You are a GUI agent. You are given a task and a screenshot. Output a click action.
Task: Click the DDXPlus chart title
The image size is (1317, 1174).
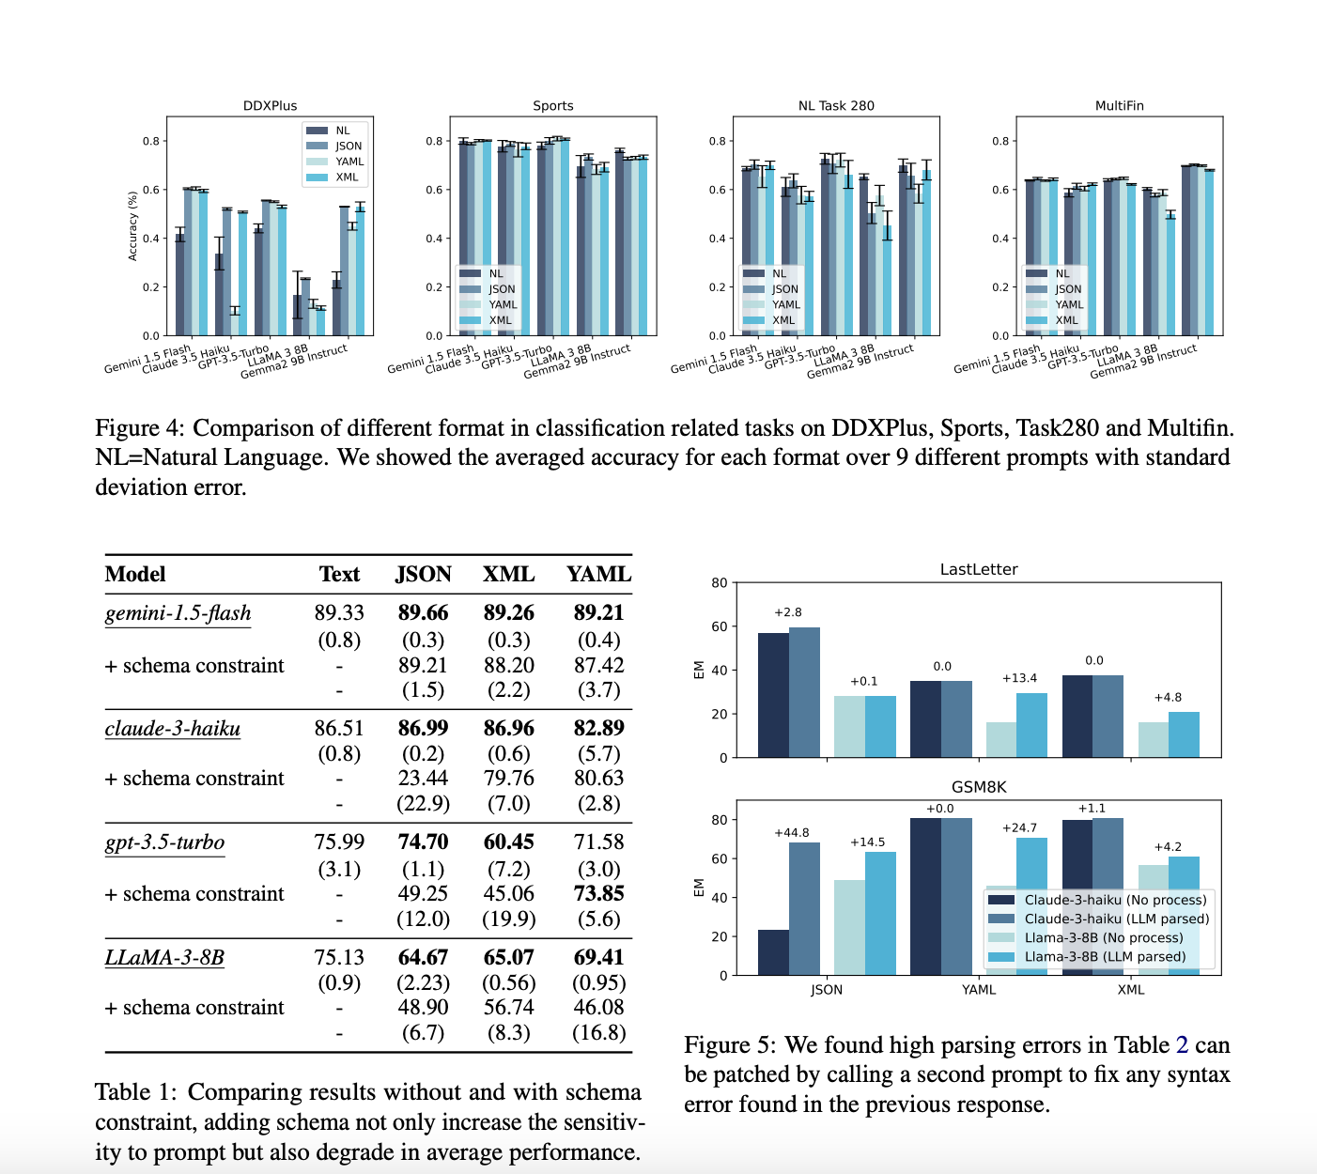click(x=270, y=106)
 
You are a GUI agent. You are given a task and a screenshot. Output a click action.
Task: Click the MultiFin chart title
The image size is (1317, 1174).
click(x=1119, y=106)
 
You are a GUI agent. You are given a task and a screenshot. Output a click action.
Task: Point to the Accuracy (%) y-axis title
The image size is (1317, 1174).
click(x=132, y=226)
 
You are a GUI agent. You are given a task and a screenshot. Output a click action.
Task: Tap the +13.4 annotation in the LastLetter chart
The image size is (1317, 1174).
click(x=1019, y=678)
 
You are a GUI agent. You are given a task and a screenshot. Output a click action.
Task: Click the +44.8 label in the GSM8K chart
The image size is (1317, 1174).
click(x=791, y=833)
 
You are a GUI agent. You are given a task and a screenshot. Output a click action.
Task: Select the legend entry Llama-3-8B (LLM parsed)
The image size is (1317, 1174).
click(x=1105, y=957)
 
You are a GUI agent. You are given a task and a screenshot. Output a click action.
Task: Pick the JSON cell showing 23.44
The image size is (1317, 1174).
click(x=423, y=778)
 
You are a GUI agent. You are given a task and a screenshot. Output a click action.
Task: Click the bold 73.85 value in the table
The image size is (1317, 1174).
click(x=598, y=893)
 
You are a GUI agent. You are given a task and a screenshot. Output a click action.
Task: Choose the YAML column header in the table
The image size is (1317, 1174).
click(x=598, y=575)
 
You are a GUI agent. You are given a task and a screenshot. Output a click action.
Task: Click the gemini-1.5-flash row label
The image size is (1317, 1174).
click(x=178, y=613)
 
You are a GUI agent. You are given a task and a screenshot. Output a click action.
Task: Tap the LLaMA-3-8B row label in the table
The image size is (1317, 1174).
click(x=164, y=958)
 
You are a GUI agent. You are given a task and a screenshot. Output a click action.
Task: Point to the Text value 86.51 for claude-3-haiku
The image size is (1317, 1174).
click(x=339, y=728)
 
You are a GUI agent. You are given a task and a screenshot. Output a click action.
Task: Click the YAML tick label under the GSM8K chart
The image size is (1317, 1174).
click(x=978, y=990)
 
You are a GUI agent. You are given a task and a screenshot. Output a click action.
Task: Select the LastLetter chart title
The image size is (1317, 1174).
click(x=978, y=570)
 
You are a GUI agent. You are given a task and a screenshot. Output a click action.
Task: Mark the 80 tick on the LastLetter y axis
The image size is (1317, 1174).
click(x=719, y=582)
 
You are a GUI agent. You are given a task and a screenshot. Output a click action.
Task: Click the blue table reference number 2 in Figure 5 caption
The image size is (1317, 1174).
click(x=1182, y=1045)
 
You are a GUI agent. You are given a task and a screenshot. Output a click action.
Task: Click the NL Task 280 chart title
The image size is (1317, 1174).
click(x=836, y=106)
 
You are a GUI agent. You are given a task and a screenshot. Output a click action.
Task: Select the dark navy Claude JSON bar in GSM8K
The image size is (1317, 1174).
click(x=773, y=951)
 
